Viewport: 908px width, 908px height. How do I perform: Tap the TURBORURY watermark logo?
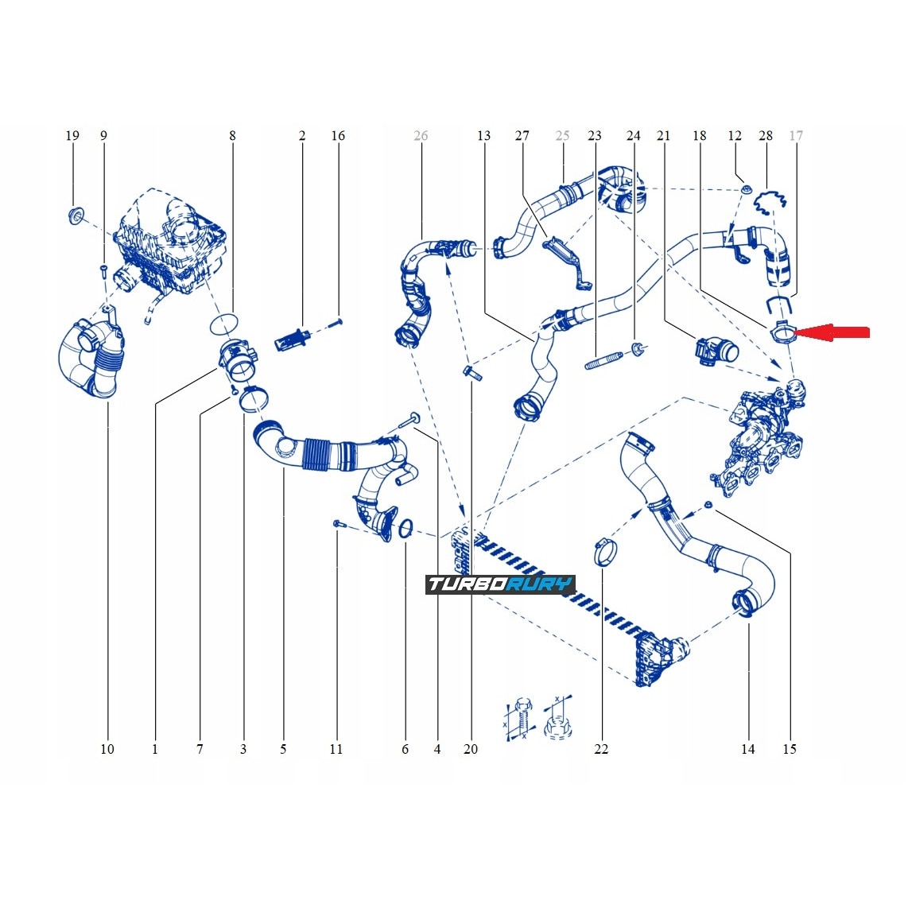500,585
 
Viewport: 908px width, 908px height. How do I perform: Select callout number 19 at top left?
72,135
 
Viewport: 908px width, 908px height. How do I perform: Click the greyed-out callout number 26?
421,135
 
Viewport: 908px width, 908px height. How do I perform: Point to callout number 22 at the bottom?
601,749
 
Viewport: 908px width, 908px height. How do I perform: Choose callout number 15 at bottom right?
789,749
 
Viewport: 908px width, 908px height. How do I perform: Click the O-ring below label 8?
225,323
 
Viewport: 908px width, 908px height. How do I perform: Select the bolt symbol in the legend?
517,720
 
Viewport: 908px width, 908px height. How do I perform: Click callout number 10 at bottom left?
107,749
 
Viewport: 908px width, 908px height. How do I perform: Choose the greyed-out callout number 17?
796,135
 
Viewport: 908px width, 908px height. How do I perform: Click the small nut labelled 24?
637,350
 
